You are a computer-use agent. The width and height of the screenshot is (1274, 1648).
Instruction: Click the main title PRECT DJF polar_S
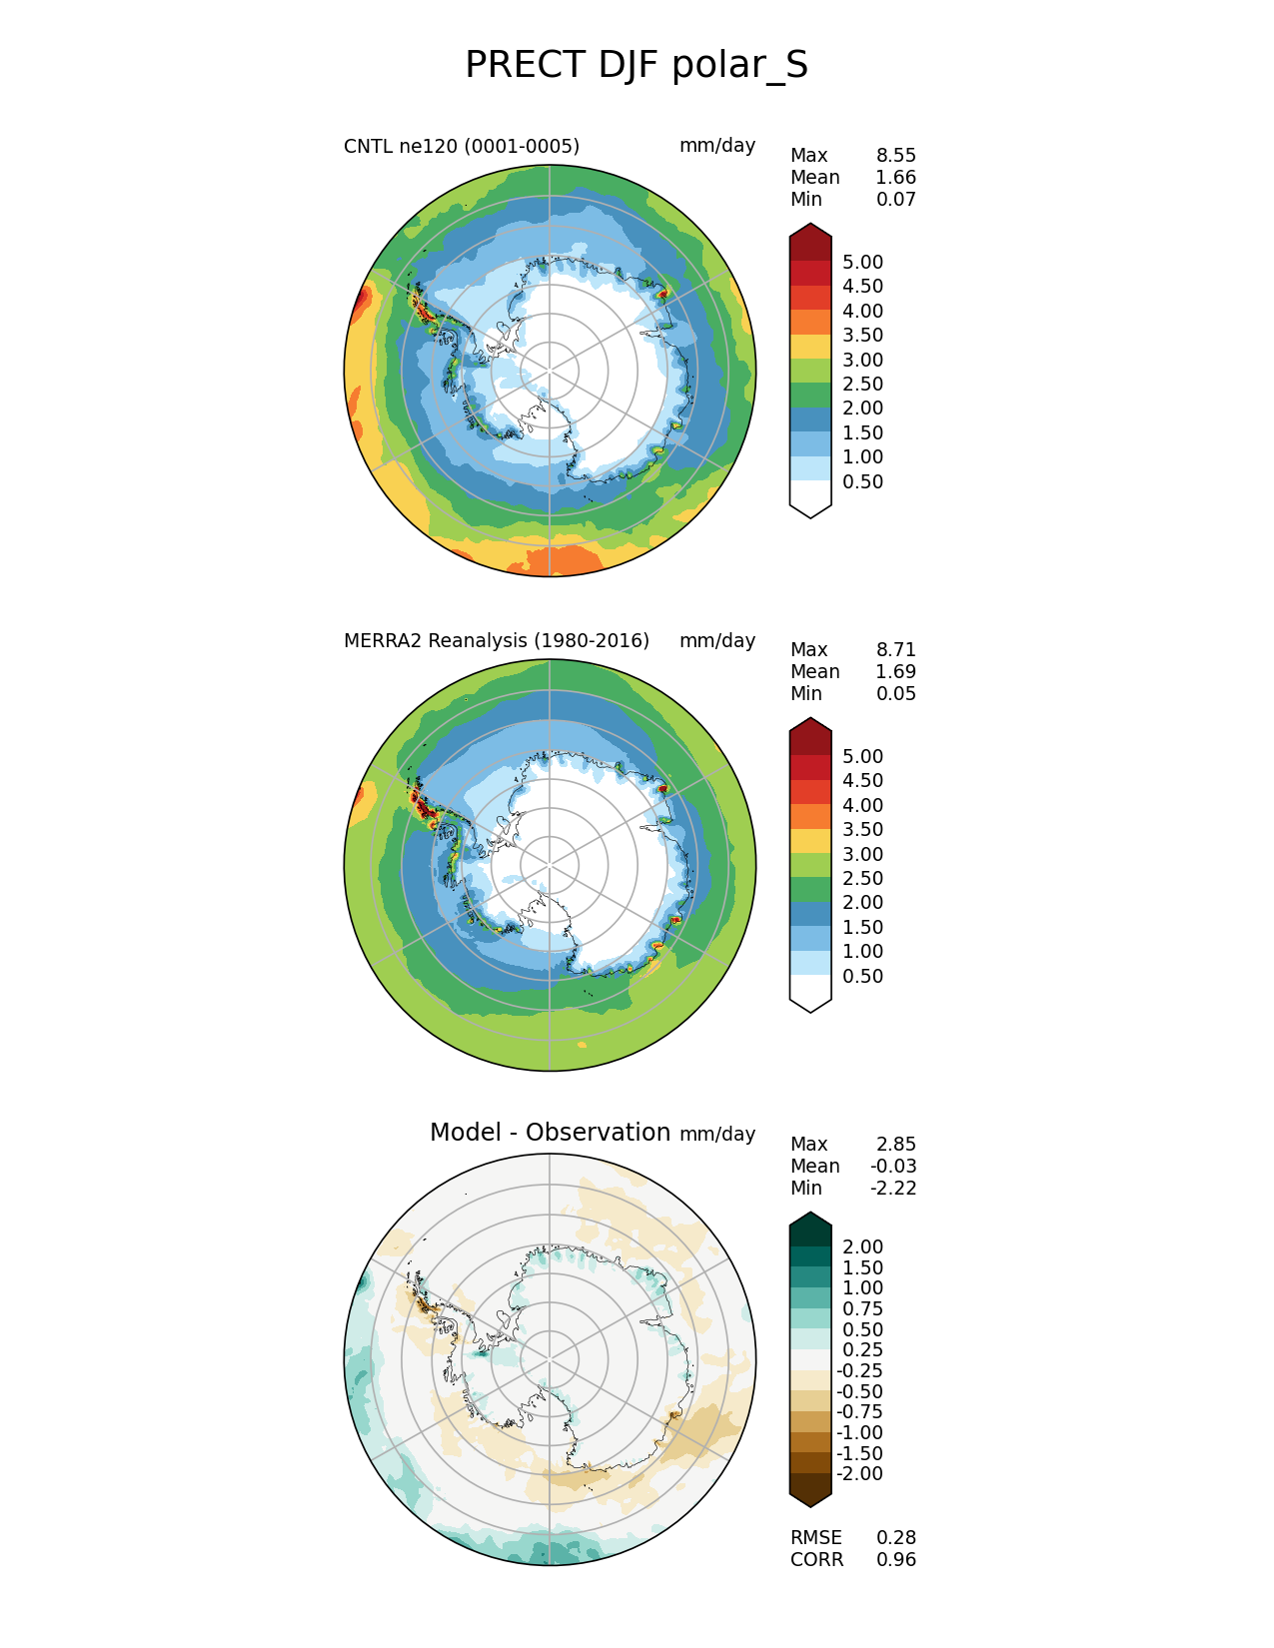tap(637, 66)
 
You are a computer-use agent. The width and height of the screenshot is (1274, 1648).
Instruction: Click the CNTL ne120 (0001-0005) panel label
tap(461, 147)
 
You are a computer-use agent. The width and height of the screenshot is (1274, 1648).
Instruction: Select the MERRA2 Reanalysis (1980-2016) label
tap(496, 641)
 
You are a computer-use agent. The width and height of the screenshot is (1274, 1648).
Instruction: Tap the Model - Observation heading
tap(550, 1133)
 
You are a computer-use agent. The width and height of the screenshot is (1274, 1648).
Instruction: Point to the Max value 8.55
tap(895, 156)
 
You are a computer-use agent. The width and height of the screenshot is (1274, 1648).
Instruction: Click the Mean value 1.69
tap(895, 672)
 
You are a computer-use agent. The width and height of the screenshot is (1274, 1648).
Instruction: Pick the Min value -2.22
tap(893, 1189)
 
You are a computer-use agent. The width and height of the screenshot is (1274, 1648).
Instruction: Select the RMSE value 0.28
tap(895, 1538)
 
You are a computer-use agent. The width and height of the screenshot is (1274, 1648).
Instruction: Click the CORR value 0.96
tap(895, 1560)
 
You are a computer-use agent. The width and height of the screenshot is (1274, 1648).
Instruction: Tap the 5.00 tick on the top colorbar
tap(862, 263)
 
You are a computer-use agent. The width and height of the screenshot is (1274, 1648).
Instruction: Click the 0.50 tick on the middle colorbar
tap(862, 977)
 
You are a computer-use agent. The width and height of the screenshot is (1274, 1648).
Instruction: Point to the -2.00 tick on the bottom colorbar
tap(859, 1474)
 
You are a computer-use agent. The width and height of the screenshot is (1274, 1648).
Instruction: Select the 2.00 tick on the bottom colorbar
tap(862, 1247)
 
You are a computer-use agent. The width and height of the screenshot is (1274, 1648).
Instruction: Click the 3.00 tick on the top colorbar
tap(862, 361)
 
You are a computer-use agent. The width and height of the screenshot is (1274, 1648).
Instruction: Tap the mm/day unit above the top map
tap(716, 146)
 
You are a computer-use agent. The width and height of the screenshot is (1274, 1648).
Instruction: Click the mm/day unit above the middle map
tap(716, 641)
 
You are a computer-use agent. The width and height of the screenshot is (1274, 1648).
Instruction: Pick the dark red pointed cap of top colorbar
tap(810, 240)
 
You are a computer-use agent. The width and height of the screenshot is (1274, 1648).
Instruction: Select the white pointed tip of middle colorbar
tap(810, 996)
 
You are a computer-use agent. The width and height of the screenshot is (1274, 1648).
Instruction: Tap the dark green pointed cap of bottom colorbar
tap(810, 1229)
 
